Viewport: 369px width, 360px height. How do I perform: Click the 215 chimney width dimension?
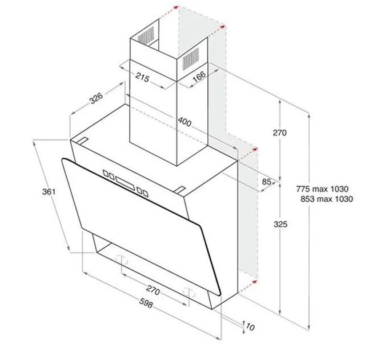click(x=142, y=79)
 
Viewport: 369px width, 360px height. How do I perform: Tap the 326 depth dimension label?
click(x=95, y=98)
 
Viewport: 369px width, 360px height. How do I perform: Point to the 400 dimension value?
click(x=184, y=121)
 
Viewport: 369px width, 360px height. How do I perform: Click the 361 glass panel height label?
click(x=48, y=192)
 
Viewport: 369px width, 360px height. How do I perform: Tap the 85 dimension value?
click(x=266, y=182)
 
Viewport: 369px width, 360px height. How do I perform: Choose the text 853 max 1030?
click(x=326, y=199)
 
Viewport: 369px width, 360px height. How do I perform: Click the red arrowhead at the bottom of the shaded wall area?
click(x=253, y=282)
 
